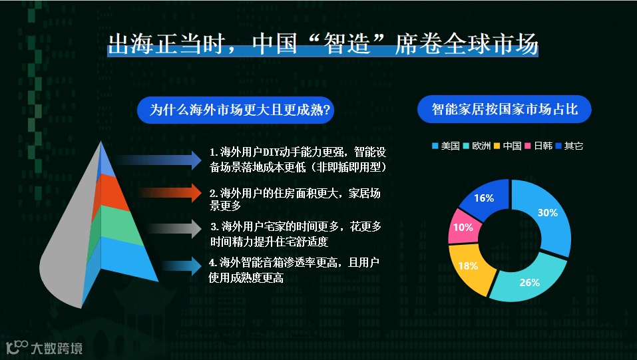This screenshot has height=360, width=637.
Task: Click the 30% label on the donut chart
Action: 547,212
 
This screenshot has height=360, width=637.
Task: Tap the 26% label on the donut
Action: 529,282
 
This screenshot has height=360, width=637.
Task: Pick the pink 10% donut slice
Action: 463,227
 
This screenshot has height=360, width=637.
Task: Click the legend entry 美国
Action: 446,146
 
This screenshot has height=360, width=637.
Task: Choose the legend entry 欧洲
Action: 477,146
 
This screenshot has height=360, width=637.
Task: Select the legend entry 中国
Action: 508,146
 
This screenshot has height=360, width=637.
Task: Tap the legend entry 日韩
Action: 538,146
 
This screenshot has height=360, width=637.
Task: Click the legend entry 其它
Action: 569,146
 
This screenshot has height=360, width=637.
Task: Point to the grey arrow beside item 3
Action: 174,228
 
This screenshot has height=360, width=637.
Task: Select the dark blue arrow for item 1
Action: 158,159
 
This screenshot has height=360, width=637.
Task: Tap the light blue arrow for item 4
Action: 182,266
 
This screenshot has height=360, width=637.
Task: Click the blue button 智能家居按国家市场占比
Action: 504,109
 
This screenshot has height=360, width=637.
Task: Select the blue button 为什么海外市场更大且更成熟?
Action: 236,110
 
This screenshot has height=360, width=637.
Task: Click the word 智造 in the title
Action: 347,43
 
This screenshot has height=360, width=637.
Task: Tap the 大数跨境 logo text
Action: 57,348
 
